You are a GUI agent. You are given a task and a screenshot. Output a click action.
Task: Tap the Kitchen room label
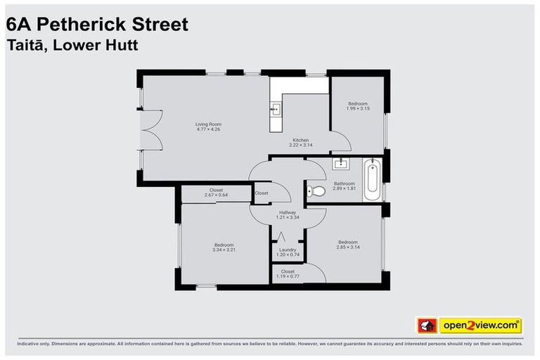[x=300, y=140]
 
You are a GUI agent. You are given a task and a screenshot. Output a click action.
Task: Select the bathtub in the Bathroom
[x=373, y=181]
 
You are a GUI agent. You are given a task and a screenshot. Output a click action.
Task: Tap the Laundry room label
[x=288, y=249]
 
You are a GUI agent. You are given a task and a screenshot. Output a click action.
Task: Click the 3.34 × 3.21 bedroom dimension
[x=223, y=250]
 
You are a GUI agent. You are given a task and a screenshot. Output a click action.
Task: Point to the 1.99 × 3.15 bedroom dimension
[x=357, y=108]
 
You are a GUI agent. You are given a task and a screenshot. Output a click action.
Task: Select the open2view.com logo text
[x=480, y=326]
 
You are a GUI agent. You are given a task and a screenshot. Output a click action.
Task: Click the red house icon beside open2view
[x=427, y=326]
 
